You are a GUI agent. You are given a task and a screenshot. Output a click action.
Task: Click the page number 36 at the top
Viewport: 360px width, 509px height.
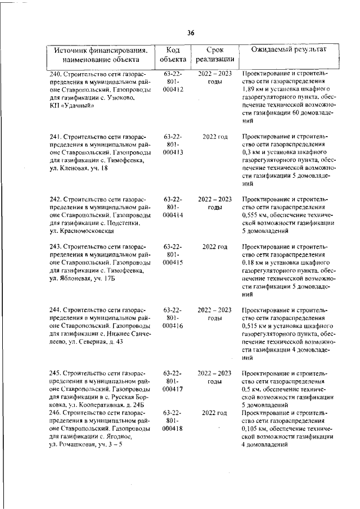(191, 33)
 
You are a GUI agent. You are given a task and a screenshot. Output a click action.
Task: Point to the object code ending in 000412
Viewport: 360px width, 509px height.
(173, 88)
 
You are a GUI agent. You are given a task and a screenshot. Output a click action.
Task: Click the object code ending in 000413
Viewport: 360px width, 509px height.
(173, 151)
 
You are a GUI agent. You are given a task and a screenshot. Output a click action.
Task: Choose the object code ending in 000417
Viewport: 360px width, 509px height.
(173, 388)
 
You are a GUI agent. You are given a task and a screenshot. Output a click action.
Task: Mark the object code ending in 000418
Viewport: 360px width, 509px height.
(173, 428)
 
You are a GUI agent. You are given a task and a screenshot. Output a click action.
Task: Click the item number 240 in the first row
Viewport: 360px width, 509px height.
(55, 73)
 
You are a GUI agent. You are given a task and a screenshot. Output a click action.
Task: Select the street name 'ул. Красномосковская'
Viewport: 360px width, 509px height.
(82, 231)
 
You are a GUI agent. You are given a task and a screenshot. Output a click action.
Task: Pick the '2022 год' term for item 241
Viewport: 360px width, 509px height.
(215, 136)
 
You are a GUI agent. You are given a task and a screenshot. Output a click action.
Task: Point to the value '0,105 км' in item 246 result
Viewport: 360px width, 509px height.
(254, 429)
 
